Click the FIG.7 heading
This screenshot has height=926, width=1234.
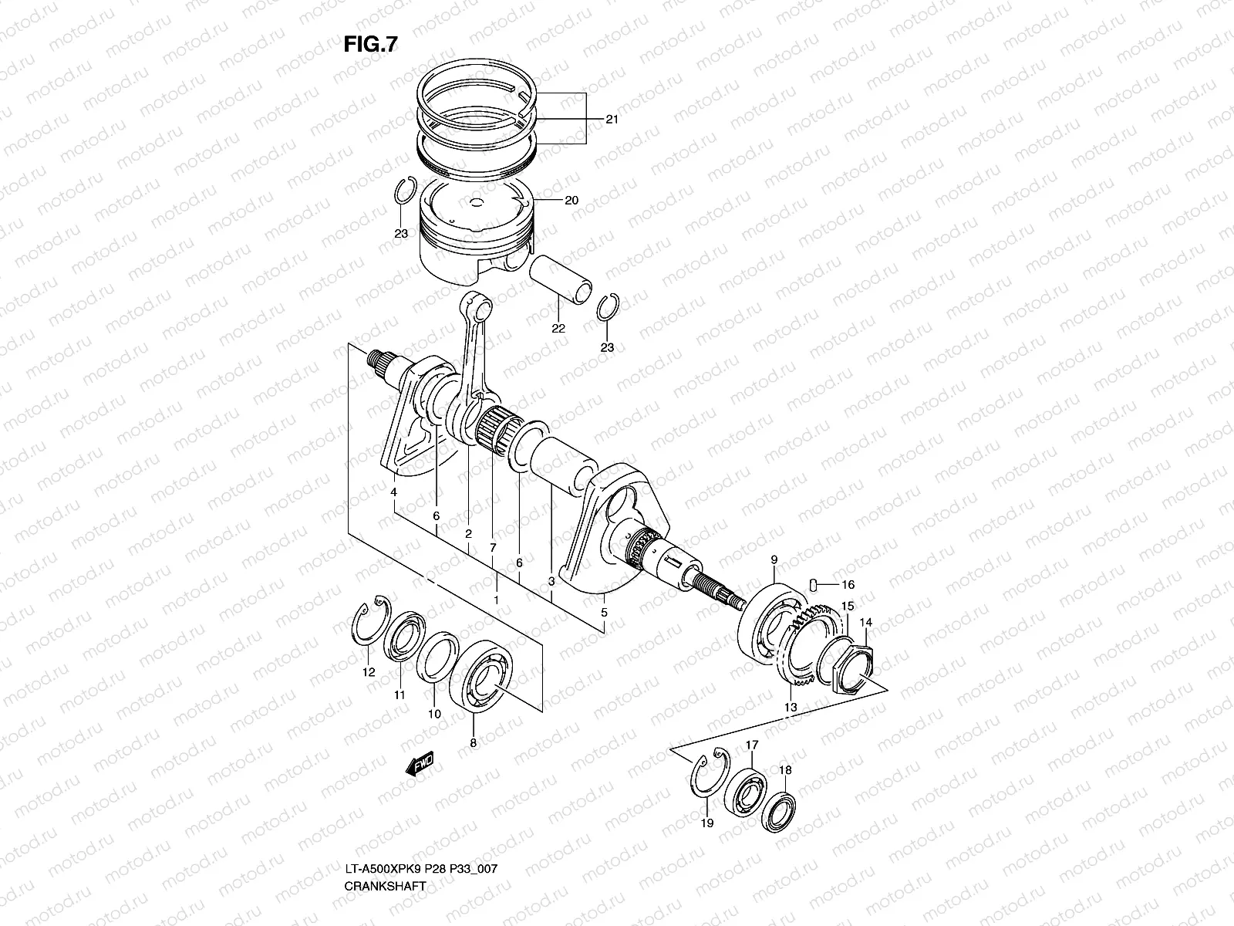(370, 46)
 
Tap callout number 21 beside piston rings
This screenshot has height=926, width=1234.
(612, 120)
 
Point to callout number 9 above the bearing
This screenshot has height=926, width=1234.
(774, 558)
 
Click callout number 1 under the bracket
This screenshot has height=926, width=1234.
(496, 599)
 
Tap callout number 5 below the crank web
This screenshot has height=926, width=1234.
(604, 612)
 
